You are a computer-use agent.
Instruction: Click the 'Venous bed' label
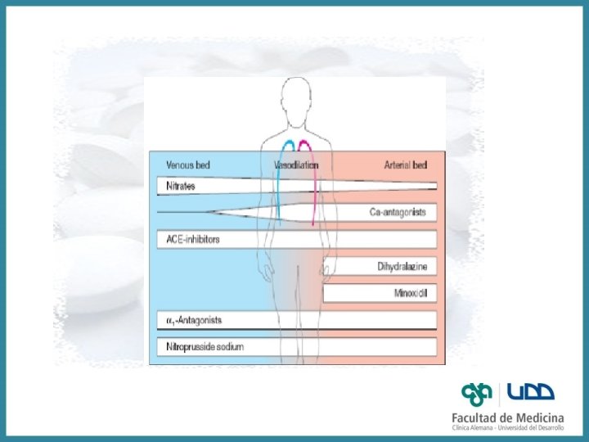pyautogui.click(x=187, y=165)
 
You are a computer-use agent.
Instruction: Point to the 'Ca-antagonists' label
pyautogui.click(x=398, y=213)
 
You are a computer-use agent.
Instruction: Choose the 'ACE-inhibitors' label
pyautogui.click(x=192, y=240)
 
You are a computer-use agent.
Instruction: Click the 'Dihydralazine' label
pyautogui.click(x=402, y=267)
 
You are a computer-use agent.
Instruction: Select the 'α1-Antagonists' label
pyautogui.click(x=194, y=320)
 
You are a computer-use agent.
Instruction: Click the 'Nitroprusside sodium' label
pyautogui.click(x=205, y=347)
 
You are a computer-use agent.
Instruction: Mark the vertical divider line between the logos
pyautogui.click(x=500, y=394)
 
